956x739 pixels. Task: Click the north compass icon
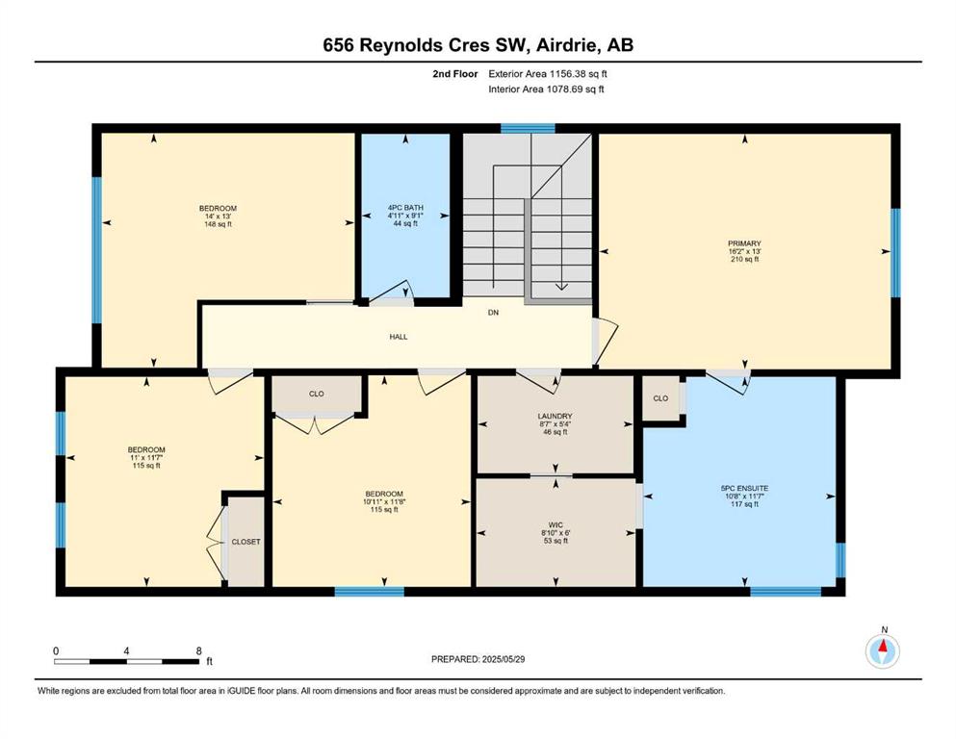[x=882, y=651]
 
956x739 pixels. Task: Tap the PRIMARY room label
[x=744, y=243]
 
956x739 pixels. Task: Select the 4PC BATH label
[x=405, y=208]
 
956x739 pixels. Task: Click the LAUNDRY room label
[x=556, y=416]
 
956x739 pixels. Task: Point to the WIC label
[x=556, y=524]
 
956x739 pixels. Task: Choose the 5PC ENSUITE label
[x=744, y=488]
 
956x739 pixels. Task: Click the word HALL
[x=399, y=336]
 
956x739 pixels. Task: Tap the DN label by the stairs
[x=493, y=313]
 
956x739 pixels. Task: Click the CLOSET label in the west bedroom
[x=245, y=542]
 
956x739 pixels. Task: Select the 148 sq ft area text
[x=218, y=224]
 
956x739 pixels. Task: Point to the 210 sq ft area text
[x=744, y=259]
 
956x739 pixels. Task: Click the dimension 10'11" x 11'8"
[x=384, y=501]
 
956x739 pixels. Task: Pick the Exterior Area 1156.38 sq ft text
[x=548, y=74]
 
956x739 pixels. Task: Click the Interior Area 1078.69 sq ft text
[x=546, y=89]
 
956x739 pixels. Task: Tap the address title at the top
[x=478, y=45]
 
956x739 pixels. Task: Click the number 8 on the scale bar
[x=198, y=650]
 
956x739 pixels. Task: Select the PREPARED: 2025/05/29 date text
[x=478, y=659]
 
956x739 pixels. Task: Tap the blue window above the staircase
[x=528, y=128]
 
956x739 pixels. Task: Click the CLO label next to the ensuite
[x=660, y=398]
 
